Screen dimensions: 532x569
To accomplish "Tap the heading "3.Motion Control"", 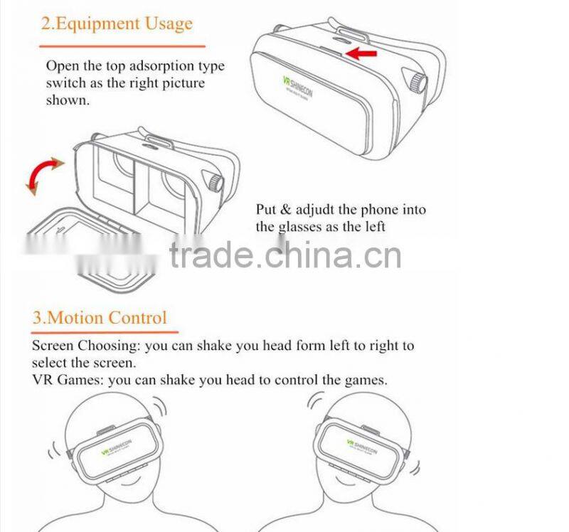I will click(x=100, y=317).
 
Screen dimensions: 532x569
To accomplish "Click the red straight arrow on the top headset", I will click(x=361, y=53).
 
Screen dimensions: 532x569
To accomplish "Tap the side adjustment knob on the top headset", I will click(x=416, y=81).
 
